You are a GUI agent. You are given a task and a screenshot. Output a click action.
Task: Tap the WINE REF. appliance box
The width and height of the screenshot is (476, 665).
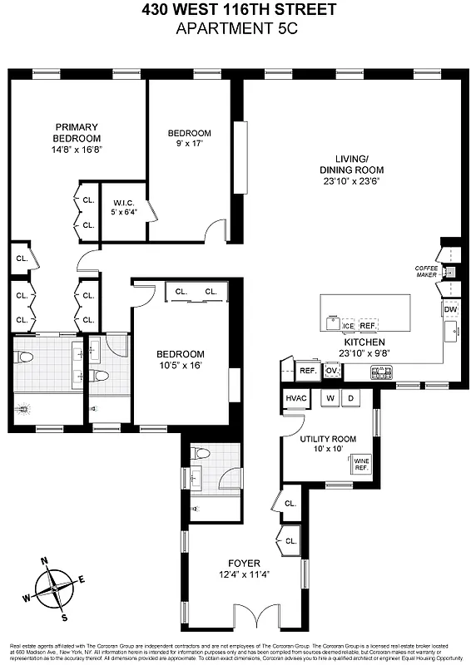(361, 463)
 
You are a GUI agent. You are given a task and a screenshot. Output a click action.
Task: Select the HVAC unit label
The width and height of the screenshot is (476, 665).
(296, 399)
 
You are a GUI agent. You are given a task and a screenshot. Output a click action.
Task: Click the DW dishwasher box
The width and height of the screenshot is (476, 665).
(450, 310)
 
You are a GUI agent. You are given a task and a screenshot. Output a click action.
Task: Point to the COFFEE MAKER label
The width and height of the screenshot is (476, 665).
(426, 272)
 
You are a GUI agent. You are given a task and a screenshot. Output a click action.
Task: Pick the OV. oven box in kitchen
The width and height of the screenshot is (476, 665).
(331, 372)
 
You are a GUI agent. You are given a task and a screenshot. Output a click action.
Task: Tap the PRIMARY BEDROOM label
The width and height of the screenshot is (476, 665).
(77, 133)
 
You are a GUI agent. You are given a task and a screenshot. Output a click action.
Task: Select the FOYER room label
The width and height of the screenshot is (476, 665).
(241, 563)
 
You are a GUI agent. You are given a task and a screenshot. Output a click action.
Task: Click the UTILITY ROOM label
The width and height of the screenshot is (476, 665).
(329, 439)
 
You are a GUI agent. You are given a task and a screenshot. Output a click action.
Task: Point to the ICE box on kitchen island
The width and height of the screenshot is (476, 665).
(348, 326)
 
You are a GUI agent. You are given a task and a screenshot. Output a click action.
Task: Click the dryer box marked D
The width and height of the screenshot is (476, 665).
(350, 399)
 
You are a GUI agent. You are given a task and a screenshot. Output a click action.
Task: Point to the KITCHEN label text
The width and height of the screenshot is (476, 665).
(364, 342)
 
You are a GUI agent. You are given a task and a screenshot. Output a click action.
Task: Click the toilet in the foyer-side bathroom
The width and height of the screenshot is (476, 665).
(200, 455)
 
